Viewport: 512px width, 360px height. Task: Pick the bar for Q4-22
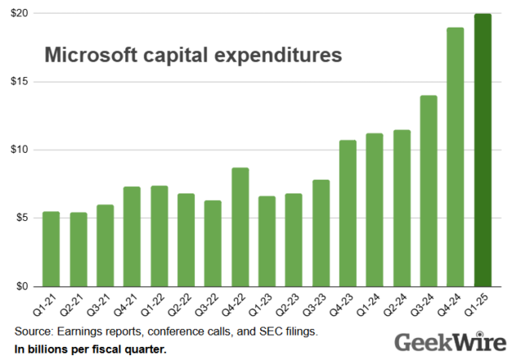[240, 227]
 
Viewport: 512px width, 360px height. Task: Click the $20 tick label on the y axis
[20, 14]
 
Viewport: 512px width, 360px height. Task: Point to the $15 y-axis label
[20, 82]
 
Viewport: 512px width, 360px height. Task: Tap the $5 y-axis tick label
[23, 218]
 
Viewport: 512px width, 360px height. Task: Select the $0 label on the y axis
[23, 287]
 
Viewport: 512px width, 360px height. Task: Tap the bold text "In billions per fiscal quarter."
[90, 349]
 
